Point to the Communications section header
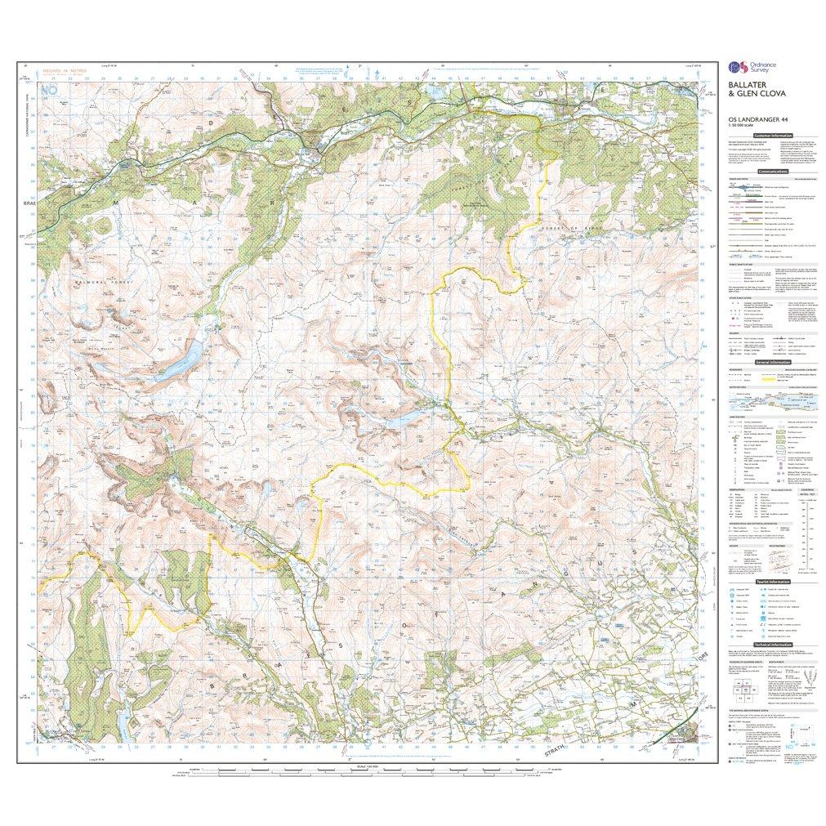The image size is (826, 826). [773, 172]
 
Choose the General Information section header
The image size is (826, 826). [773, 362]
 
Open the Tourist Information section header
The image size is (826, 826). [773, 582]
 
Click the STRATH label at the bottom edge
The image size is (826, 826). [556, 753]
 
